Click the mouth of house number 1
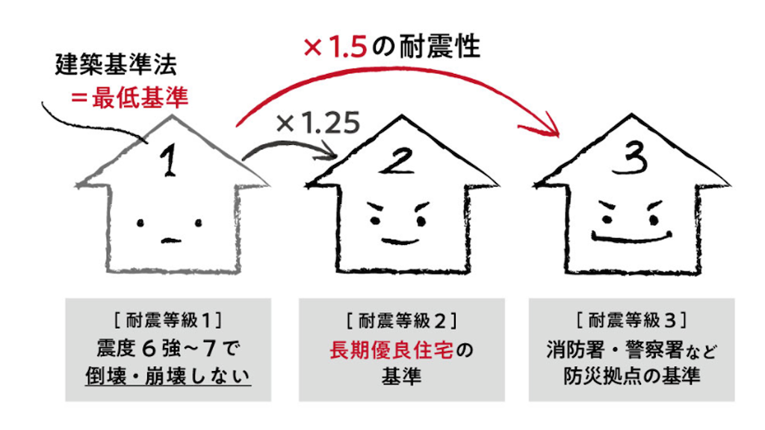(x=170, y=240)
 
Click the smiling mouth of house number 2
(x=400, y=240)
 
